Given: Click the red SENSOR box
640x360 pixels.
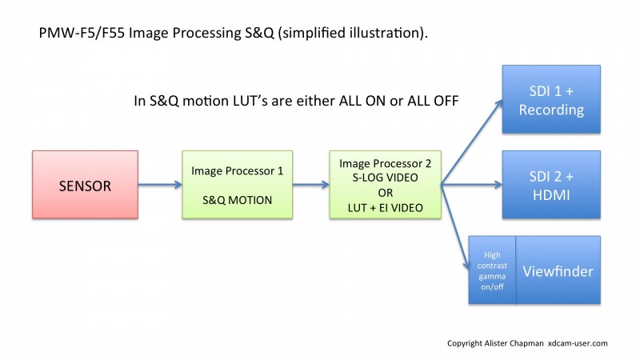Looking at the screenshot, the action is [x=85, y=185].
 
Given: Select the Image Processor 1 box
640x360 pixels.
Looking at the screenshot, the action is [x=237, y=185].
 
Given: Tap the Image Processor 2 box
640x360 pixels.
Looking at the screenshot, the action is [x=386, y=185].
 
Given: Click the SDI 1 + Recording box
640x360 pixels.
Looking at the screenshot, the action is [x=551, y=99].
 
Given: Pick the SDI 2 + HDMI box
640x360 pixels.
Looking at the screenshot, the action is [x=551, y=185].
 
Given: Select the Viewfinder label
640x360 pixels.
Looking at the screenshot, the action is [x=558, y=271].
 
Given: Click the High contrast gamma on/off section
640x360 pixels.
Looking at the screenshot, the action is [x=492, y=270].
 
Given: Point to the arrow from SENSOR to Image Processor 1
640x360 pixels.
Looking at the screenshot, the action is [x=160, y=185].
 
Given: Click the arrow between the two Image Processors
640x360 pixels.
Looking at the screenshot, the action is [x=311, y=185].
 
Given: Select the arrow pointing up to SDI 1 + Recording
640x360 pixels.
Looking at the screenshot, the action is [x=472, y=142].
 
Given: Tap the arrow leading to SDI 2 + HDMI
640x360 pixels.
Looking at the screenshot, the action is [x=472, y=185].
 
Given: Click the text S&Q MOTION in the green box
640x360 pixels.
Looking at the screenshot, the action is [x=237, y=200].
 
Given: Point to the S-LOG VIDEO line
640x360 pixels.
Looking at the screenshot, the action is [x=386, y=178].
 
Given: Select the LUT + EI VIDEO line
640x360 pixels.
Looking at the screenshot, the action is [x=386, y=208].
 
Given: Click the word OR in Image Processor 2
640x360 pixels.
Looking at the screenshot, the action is [x=386, y=193].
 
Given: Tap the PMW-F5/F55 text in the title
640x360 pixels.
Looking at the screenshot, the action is [x=82, y=33].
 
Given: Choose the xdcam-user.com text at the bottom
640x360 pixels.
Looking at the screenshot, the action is [x=578, y=343].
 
